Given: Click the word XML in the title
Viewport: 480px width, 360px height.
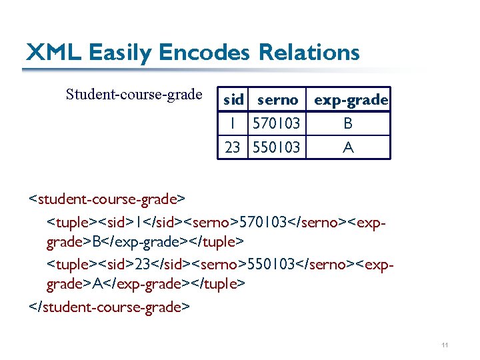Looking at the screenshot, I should (x=53, y=52).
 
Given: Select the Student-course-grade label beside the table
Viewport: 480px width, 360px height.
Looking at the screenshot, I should (x=134, y=94).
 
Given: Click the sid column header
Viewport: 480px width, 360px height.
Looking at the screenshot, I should (x=233, y=100).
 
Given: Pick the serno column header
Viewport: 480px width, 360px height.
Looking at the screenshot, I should (x=277, y=100).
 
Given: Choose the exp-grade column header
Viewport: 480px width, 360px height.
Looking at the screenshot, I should (x=351, y=100).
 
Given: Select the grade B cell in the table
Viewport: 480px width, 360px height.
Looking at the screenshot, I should (x=348, y=123).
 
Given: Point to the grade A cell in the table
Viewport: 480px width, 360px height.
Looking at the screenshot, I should (x=348, y=147).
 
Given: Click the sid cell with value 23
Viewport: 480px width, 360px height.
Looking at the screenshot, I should (x=233, y=147).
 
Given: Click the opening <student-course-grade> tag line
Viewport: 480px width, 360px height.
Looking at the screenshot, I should (x=107, y=199).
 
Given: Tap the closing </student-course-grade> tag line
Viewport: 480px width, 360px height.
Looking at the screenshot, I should (x=109, y=307).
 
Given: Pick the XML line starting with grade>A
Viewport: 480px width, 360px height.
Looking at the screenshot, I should (x=146, y=284).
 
